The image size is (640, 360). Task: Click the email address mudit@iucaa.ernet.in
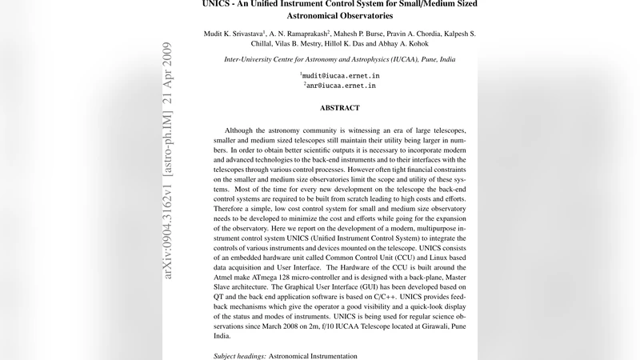[341, 74]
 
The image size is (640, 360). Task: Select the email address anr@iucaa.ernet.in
[342, 85]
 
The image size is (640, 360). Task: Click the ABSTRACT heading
[340, 107]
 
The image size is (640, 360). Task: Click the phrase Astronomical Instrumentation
[313, 354]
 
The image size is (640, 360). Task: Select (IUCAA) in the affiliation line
[397, 60]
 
